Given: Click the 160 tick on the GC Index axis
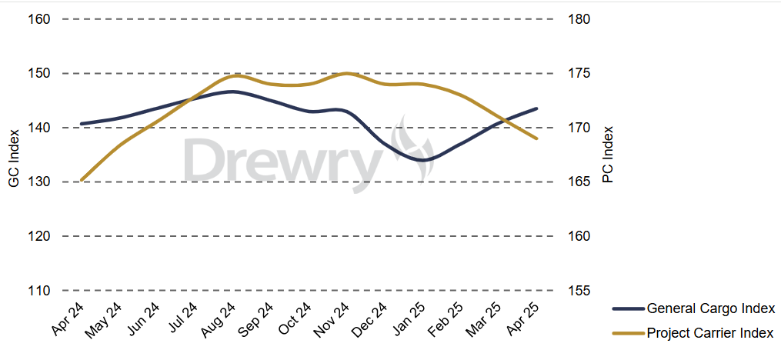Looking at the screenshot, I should [x=39, y=19].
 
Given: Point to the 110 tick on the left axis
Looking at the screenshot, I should [x=39, y=291].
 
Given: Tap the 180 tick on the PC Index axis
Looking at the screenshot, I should [x=579, y=19].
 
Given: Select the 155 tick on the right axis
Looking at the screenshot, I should [x=579, y=291].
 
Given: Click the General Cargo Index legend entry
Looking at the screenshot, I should [x=709, y=309].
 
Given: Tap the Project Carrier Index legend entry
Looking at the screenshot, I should [x=709, y=333].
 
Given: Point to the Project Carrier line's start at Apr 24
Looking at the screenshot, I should [x=82, y=180].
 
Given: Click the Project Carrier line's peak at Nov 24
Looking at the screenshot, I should [x=346, y=73].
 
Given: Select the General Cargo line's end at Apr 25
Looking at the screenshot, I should [x=536, y=108].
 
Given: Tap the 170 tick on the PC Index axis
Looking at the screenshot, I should [x=579, y=128].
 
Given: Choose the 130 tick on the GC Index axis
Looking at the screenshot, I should [x=39, y=182].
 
